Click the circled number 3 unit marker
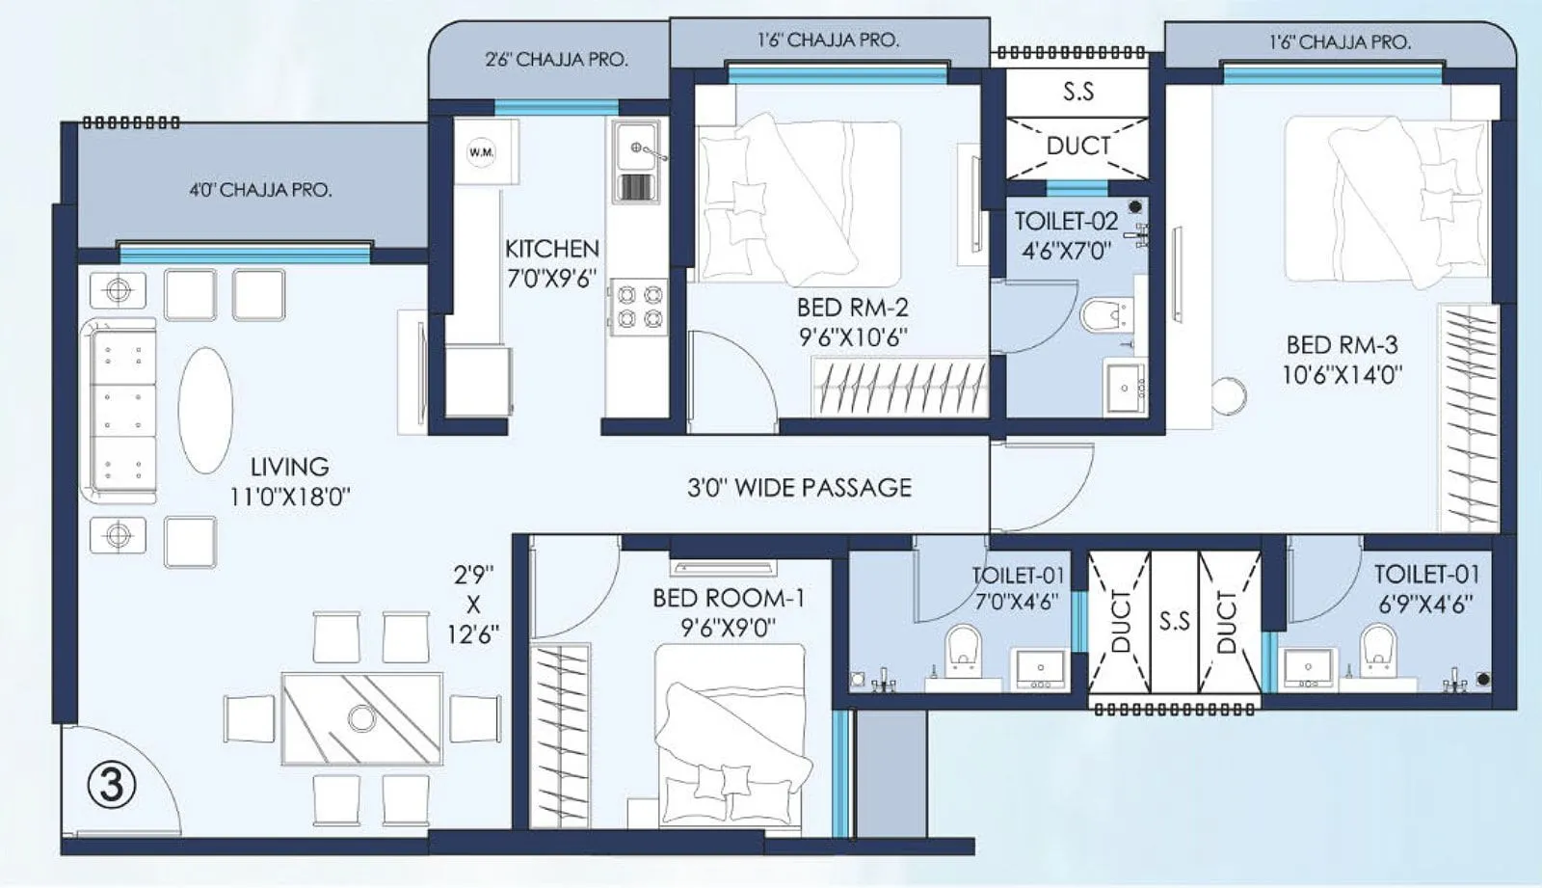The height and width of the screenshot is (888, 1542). point(112,786)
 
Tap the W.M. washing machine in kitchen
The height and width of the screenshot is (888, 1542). point(481,152)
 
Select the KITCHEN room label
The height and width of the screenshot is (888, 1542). point(552,249)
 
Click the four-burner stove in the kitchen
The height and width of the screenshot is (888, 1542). point(639,306)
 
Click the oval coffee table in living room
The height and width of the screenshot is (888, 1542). point(205,410)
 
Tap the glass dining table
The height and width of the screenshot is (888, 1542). point(361,718)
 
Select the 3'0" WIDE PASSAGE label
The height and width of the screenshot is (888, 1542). point(799,488)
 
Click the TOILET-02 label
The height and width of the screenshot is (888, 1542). point(1066,222)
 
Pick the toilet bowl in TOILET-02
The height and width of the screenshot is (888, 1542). point(1104,314)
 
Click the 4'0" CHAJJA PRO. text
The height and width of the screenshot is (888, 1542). point(260,190)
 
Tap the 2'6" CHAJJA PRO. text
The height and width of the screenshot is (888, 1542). point(556,60)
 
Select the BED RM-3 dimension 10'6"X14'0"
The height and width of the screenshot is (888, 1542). point(1342,374)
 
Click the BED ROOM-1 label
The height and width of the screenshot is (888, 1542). point(728,599)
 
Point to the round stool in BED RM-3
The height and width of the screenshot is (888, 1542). point(1228,395)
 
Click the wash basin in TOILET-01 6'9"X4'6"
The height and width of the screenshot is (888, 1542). point(1309,665)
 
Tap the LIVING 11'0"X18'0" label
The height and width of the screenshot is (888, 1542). point(289,481)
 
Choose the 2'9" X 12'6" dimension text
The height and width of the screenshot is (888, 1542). point(472,605)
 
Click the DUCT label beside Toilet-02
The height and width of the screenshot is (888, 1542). point(1078,146)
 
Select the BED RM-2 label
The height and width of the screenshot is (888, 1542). point(852,309)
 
